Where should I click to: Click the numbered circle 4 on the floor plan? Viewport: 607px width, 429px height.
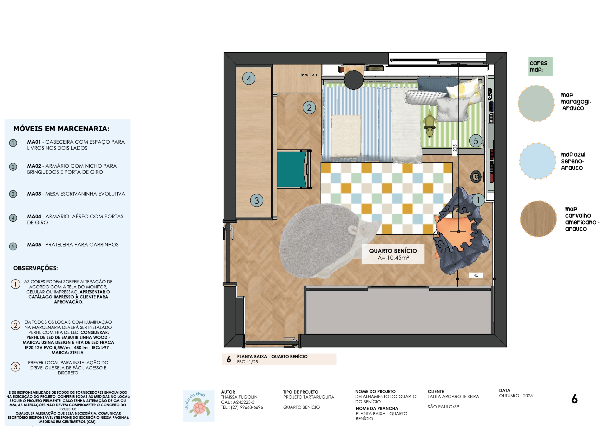click(x=249, y=78)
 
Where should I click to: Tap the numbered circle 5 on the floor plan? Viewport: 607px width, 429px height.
click(x=476, y=141)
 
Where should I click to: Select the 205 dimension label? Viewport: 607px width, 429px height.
click(x=455, y=148)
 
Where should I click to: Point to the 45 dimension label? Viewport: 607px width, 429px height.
click(x=476, y=275)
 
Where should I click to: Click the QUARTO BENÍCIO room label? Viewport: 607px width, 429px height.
click(x=393, y=251)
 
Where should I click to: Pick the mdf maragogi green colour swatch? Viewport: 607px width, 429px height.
click(x=536, y=103)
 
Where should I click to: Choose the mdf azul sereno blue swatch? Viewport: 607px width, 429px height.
click(x=538, y=161)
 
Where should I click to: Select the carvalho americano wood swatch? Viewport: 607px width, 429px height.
click(x=538, y=219)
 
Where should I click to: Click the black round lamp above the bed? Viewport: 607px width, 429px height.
click(x=354, y=80)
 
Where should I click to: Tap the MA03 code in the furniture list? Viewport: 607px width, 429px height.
click(x=34, y=194)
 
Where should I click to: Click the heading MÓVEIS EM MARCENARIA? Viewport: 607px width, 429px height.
click(x=61, y=129)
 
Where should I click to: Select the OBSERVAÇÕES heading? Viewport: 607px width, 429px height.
click(x=35, y=268)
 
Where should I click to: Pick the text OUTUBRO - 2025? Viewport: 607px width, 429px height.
click(x=516, y=396)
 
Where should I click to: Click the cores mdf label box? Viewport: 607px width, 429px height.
click(x=540, y=67)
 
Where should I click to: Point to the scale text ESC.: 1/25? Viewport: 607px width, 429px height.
click(x=248, y=362)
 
